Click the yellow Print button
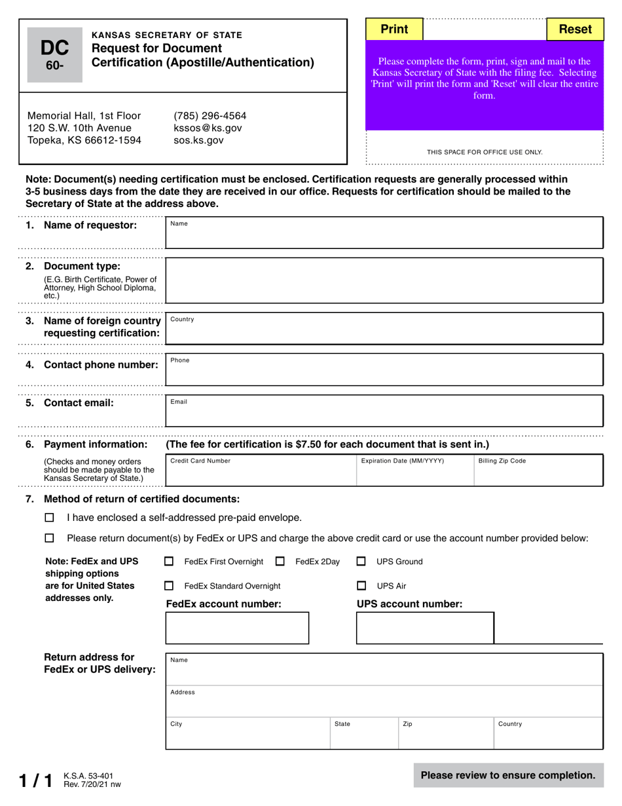pos(394,29)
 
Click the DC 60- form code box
pos(55,55)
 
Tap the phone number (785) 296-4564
pos(210,116)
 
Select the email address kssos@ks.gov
pos(208,128)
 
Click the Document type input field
pos(384,280)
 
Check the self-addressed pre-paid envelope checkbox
pos(49,518)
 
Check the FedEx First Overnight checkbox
pos(170,562)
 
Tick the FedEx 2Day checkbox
pos(280,562)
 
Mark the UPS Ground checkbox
pos(361,562)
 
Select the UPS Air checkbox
pos(361,586)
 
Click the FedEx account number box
pos(237,628)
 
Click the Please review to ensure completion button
pos(508,775)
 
